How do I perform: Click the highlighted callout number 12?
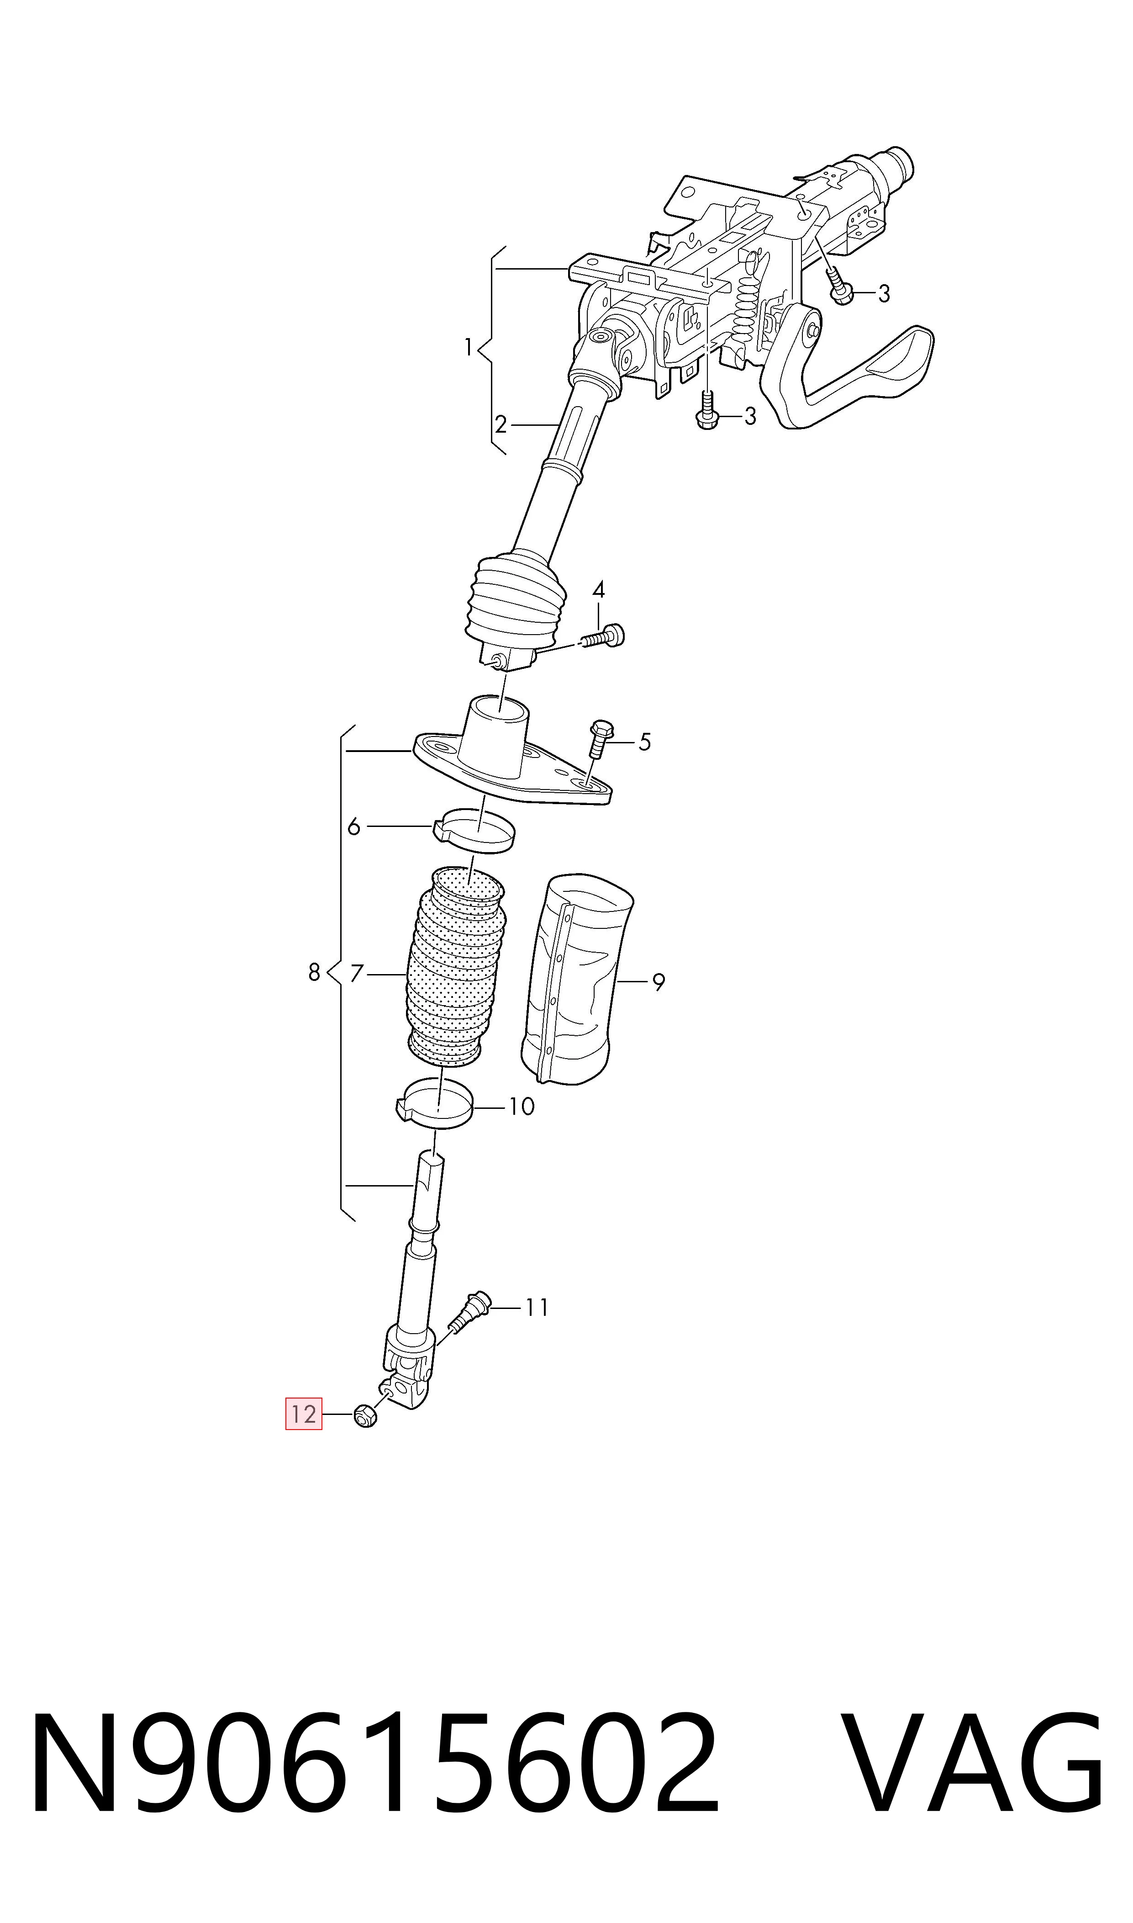(304, 1414)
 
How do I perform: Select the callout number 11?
(537, 1308)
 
